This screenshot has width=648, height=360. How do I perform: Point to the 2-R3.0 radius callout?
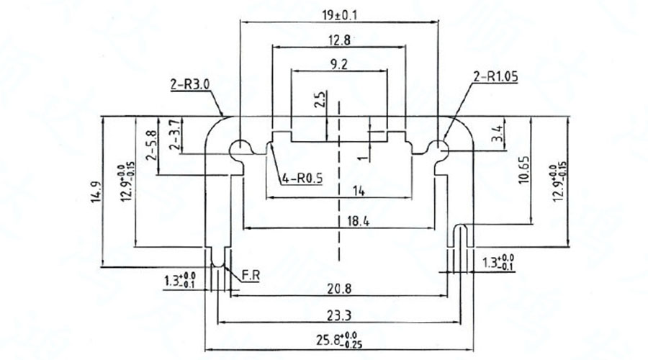(189, 84)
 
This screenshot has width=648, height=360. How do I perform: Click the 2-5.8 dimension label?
(150, 144)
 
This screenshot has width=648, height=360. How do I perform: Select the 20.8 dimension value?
(338, 289)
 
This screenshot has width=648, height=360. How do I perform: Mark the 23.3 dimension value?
(338, 315)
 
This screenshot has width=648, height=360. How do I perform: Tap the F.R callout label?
(250, 275)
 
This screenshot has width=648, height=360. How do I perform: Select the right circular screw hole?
(437, 149)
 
